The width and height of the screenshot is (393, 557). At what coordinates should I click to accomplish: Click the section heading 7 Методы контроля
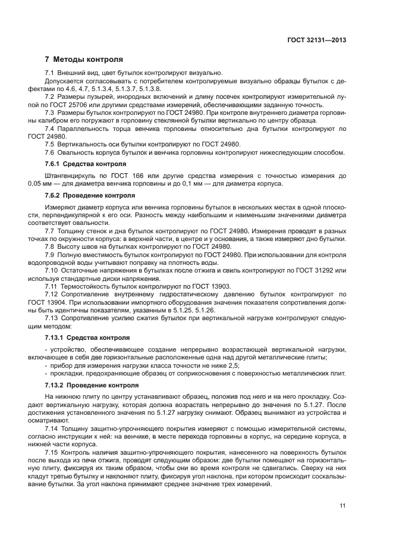[x=84, y=60]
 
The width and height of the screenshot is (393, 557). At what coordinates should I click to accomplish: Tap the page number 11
[x=342, y=506]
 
